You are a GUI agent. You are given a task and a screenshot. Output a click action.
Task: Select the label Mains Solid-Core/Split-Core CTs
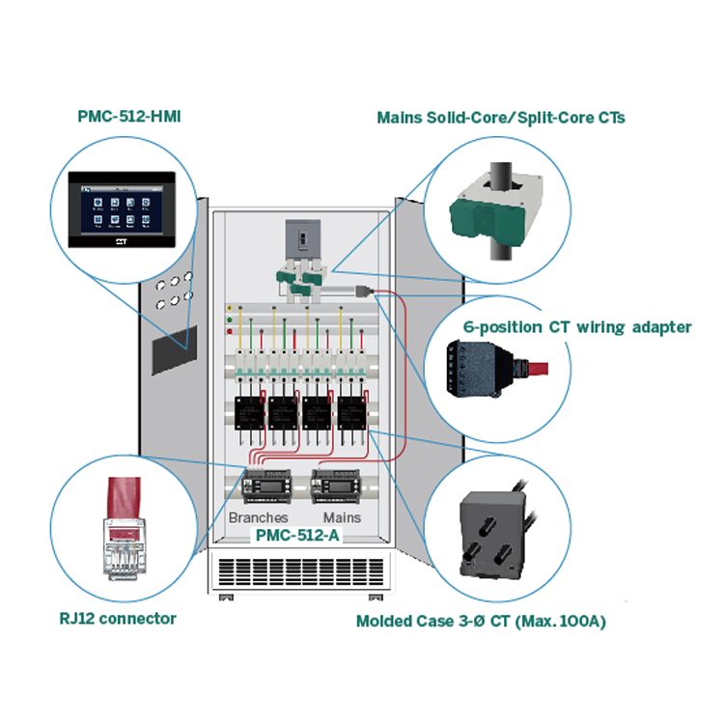click(x=500, y=118)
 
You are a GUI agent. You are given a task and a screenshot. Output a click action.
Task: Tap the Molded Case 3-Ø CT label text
click(x=481, y=621)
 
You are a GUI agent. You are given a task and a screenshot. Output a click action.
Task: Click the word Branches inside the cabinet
click(x=258, y=517)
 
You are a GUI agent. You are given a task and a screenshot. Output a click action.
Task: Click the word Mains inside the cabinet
click(x=342, y=517)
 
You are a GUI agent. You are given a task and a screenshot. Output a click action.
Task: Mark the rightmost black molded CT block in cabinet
click(x=351, y=413)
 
